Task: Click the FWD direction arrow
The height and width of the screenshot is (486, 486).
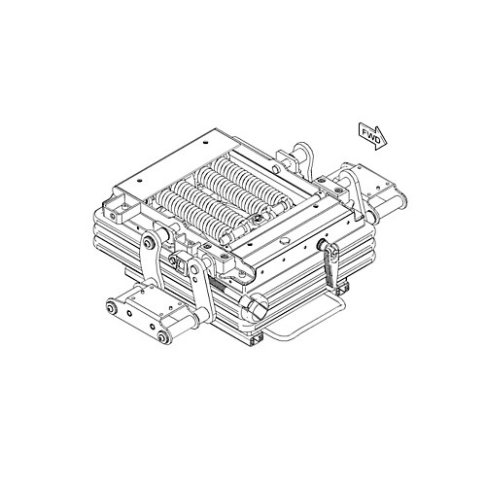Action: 372,136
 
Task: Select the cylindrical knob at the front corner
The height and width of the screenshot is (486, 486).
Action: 255,306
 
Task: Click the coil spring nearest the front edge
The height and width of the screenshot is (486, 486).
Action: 194,214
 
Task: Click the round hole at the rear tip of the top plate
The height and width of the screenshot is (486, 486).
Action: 206,142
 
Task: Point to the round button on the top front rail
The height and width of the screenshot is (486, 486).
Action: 285,240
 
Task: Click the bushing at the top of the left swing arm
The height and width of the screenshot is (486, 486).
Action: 149,243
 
